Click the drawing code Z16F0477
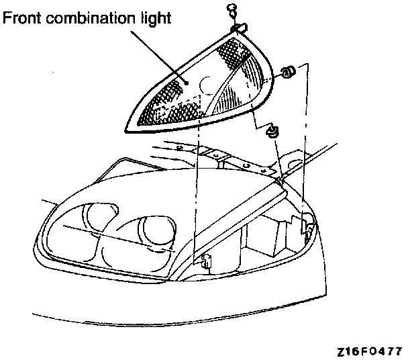tap(370, 351)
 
